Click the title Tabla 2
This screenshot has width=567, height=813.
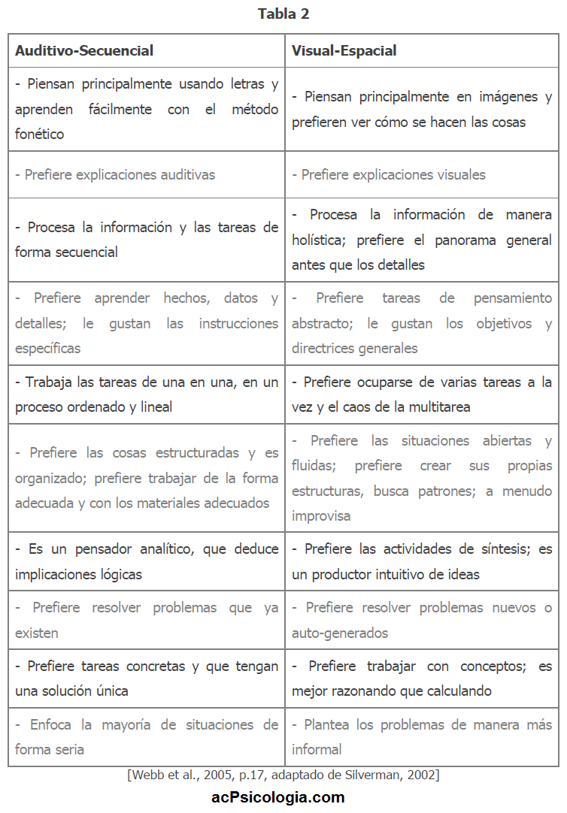[x=283, y=14]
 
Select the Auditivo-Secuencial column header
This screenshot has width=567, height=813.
[x=84, y=51]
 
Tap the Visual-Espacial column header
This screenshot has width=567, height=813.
[x=344, y=51]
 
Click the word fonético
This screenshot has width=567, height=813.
[x=39, y=134]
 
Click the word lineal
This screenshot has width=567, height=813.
[x=153, y=407]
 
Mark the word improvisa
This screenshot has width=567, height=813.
[x=321, y=516]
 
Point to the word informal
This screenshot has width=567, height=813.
[x=317, y=750]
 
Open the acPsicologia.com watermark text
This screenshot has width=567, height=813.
[x=278, y=797]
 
